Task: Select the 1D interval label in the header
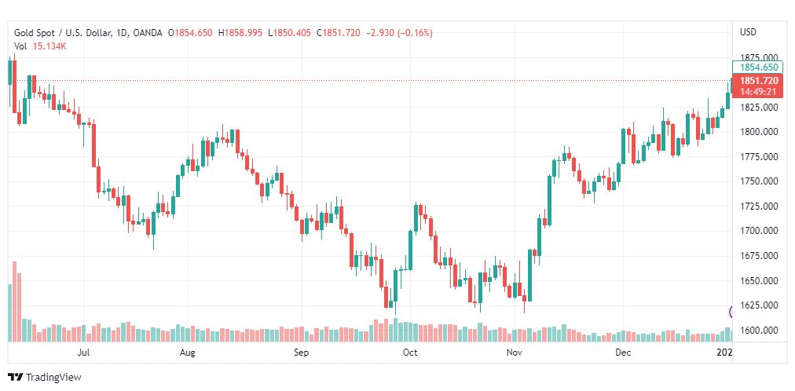[x=124, y=32]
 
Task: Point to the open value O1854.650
[x=192, y=32]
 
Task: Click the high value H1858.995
[x=242, y=32]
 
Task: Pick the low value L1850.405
[x=289, y=32]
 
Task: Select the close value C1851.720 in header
[x=337, y=32]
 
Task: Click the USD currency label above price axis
[x=748, y=32]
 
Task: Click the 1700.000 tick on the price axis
[x=759, y=231]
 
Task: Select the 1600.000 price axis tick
[x=759, y=330]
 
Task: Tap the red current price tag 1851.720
[x=759, y=81]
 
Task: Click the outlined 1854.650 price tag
[x=759, y=68]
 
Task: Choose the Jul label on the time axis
[x=83, y=353]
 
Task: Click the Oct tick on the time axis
[x=409, y=353]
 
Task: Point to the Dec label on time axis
[x=623, y=353]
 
